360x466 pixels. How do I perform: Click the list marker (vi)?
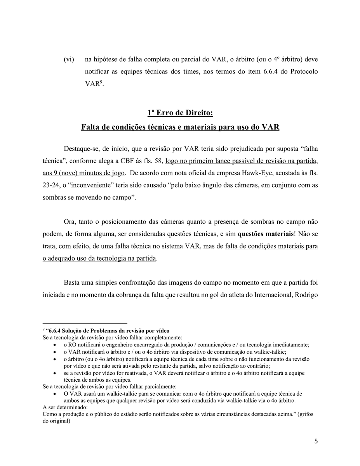click(x=69, y=60)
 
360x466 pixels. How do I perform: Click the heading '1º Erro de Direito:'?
click(x=180, y=113)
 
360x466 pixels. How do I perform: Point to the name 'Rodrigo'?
click(x=306, y=295)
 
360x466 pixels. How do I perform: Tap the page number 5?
click(x=316, y=441)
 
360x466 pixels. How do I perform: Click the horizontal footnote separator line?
click(x=85, y=323)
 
